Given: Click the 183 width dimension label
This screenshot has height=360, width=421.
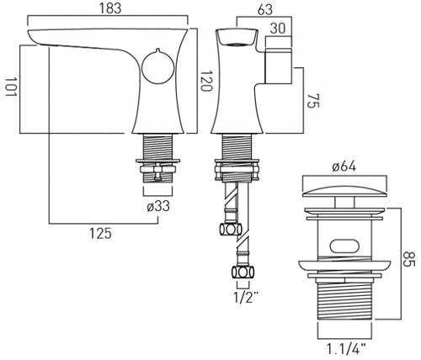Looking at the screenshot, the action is click(x=110, y=8).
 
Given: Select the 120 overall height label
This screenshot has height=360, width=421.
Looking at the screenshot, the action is click(x=205, y=81).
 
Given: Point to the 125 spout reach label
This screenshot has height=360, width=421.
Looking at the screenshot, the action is click(x=100, y=233).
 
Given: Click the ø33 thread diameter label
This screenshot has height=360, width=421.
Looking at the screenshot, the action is click(x=158, y=207).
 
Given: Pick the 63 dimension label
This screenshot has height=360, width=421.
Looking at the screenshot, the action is click(x=265, y=10).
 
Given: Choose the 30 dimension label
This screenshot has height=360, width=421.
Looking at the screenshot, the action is click(x=278, y=29).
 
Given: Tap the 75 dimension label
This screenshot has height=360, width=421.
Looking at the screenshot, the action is click(x=313, y=101).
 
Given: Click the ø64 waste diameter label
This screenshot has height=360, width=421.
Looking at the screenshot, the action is click(x=344, y=167).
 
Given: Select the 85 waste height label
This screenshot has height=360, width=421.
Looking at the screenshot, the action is click(x=408, y=260).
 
